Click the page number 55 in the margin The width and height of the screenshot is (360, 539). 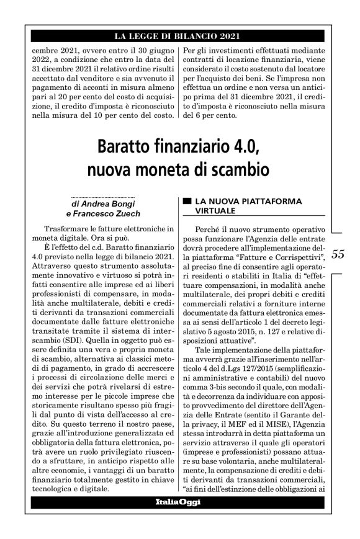pos(338,254)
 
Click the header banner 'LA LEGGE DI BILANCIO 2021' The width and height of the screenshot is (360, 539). pos(179,36)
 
